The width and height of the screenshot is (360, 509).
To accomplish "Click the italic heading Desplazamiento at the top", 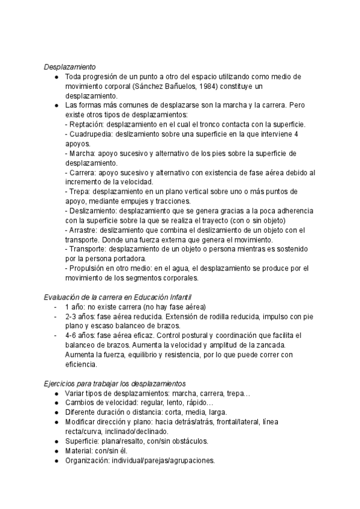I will click(70, 67).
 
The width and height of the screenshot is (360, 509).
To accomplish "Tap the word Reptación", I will click(86, 124).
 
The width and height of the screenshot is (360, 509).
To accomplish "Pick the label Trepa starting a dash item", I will click(77, 191).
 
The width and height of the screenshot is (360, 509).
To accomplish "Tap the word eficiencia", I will click(80, 364).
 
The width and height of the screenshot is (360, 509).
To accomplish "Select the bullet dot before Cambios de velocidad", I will click(56, 403).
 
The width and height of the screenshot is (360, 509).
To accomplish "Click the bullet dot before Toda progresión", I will click(56, 76).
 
